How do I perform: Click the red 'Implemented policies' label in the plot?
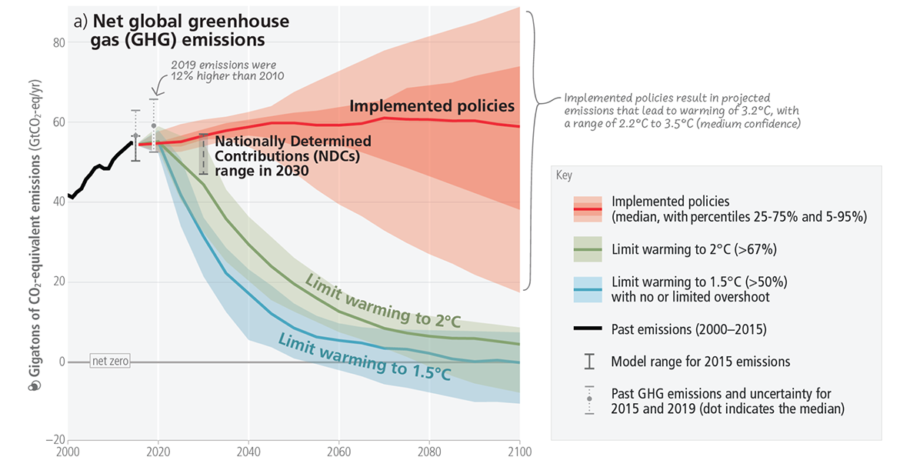coord(432,106)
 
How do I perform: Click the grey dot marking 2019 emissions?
coord(154,125)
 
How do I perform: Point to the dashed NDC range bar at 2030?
coord(203,154)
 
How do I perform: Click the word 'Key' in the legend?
coord(564,175)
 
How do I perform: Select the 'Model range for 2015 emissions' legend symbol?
coord(588,361)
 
